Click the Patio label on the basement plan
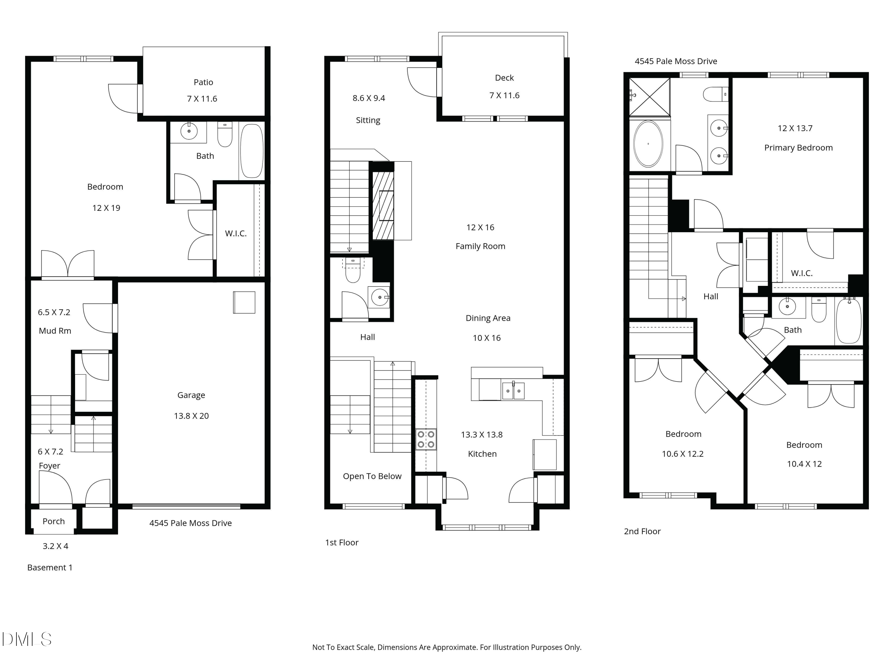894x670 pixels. coord(203,82)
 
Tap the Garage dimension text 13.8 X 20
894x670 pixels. coord(191,416)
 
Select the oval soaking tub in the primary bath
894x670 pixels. coord(648,144)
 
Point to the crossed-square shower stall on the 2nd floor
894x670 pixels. coord(649,97)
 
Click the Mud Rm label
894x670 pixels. coord(55,331)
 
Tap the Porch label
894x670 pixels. coord(53,521)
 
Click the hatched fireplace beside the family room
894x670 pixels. coord(383,206)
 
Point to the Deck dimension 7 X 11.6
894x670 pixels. coord(505,96)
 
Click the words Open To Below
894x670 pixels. coord(372,476)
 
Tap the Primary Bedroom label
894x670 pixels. coord(798,148)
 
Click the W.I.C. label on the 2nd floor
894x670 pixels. coord(801,273)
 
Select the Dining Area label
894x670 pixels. coord(488,318)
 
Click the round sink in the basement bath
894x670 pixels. coord(189,131)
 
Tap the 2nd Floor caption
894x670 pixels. coord(642,532)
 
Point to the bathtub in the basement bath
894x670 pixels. coord(252,151)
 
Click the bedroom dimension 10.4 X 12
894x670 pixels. coord(804,464)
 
